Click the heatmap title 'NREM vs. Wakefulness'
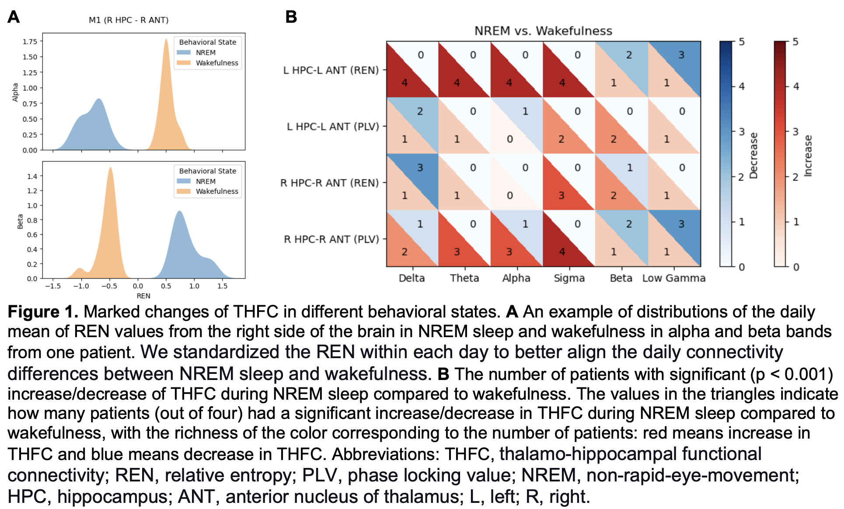click(x=543, y=31)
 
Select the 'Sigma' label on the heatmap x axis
click(x=569, y=278)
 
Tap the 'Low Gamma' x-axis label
click(x=673, y=278)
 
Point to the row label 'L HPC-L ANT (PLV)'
click(x=333, y=127)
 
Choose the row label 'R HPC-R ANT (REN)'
click(x=329, y=183)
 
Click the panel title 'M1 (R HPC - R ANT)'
click(x=129, y=20)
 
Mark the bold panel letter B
click(x=291, y=17)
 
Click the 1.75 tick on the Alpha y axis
click(x=30, y=42)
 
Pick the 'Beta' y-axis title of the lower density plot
click(x=20, y=222)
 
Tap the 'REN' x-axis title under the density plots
click(x=143, y=296)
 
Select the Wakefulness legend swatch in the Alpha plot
click(x=184, y=63)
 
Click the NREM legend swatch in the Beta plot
click(x=184, y=181)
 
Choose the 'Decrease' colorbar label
click(x=753, y=156)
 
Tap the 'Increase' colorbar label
click(x=808, y=156)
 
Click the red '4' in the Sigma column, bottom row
click(x=562, y=252)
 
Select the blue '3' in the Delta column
click(x=420, y=167)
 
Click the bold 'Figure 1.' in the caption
click(x=43, y=312)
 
